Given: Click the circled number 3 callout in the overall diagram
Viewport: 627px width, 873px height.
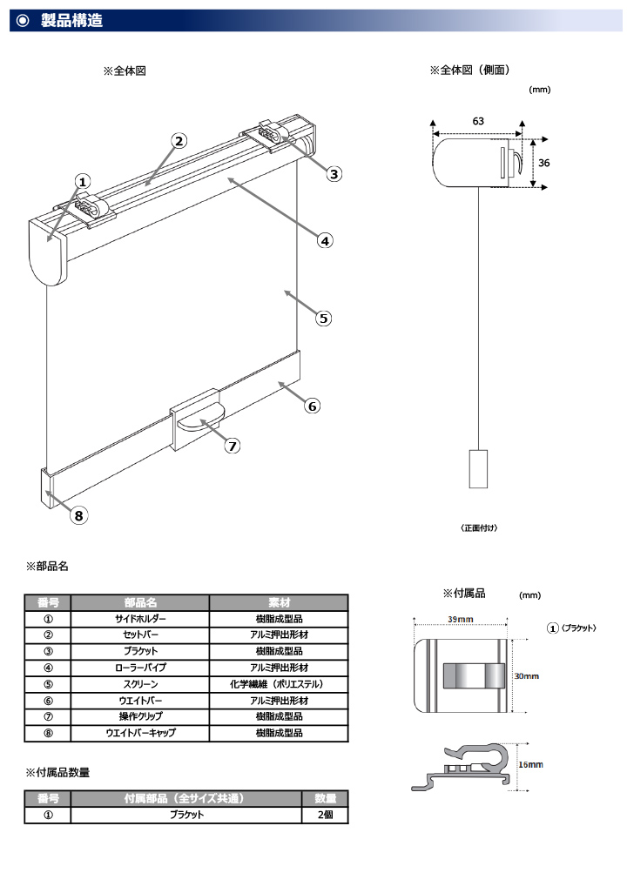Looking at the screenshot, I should point(334,173).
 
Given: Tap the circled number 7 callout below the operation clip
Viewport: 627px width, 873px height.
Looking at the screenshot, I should point(232,446).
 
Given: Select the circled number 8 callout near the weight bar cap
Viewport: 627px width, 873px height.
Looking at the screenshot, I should point(78,515).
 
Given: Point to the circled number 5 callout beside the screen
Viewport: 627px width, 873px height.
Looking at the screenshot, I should point(324,318).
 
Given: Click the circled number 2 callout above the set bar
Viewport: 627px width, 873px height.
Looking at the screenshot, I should point(178,141).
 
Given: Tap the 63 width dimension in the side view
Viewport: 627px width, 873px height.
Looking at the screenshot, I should point(478,121).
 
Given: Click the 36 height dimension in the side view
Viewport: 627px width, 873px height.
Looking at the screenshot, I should point(543,163).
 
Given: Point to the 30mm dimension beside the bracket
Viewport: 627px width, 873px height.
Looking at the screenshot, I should point(526,675).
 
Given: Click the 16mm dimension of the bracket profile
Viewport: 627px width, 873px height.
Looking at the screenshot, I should point(529,764).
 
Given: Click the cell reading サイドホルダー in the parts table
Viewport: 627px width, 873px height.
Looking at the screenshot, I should point(139,619).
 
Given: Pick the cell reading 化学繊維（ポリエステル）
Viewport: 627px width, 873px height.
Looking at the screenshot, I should point(279,684).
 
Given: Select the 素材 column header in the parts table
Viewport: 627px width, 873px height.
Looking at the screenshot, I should point(279,602).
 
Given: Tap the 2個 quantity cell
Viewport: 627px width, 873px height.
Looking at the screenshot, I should point(325,815).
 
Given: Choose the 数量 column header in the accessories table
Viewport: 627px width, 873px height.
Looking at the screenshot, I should point(325,798).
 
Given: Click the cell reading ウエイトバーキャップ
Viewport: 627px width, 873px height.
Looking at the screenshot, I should point(139,733).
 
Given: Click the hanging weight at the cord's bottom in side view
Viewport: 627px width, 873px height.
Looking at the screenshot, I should point(479,467).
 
